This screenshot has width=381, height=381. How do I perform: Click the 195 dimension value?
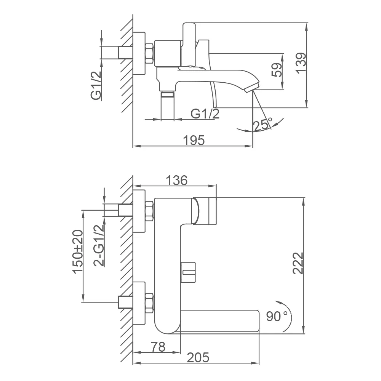(194, 140)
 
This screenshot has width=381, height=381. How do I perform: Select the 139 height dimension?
(301, 63)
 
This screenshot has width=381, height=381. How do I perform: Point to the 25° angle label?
(263, 125)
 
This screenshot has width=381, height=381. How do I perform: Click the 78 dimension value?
(158, 347)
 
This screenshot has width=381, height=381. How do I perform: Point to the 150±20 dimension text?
(78, 251)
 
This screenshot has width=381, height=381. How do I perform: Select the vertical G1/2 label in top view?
(96, 86)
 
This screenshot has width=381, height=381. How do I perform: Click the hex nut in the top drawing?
(149, 53)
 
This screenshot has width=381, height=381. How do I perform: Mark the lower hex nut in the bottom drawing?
(149, 302)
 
